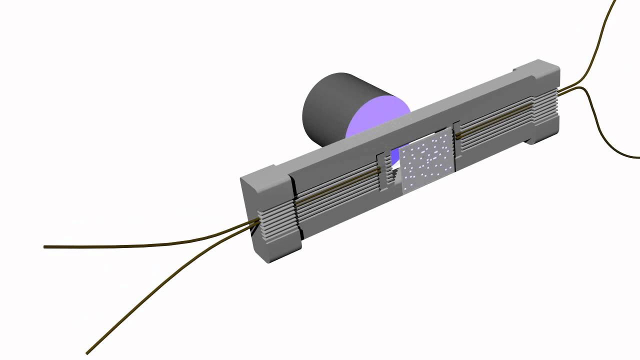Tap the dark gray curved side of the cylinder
coord(327,107)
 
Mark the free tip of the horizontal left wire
coord(45,246)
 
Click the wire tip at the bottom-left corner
coord(88,352)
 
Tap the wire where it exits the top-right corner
coord(614,2)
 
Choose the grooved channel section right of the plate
coord(495,122)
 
